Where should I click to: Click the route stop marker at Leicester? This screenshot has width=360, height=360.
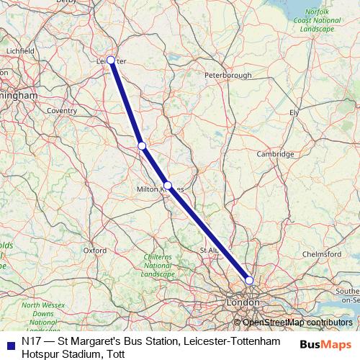pyautogui.click(x=111, y=60)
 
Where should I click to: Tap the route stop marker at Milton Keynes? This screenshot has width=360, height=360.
pyautogui.click(x=168, y=186)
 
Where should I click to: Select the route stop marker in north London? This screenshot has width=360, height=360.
pyautogui.click(x=249, y=280)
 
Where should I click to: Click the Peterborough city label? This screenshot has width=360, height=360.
pyautogui.click(x=228, y=75)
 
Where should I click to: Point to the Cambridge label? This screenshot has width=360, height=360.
pyautogui.click(x=276, y=154)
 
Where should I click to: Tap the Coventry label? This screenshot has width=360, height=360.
pyautogui.click(x=61, y=111)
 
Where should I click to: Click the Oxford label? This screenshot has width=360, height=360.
pyautogui.click(x=94, y=251)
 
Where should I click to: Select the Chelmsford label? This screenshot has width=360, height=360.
pyautogui.click(x=323, y=254)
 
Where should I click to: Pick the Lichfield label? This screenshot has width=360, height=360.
pyautogui.click(x=19, y=52)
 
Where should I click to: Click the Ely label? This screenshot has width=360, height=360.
pyautogui.click(x=293, y=113)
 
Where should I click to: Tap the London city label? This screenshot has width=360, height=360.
pyautogui.click(x=238, y=304)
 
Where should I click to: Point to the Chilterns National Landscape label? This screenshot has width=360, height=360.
pyautogui.click(x=158, y=266)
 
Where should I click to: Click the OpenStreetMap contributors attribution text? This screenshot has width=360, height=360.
pyautogui.click(x=297, y=323)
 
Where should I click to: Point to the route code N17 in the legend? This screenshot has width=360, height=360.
pyautogui.click(x=32, y=339)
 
